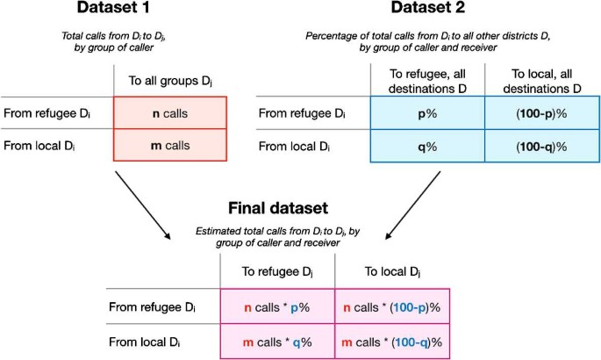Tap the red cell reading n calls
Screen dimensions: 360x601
point(171,113)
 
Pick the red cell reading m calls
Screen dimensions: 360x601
point(171,145)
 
